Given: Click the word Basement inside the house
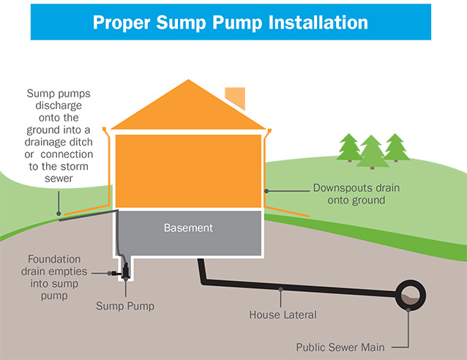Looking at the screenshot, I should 188,228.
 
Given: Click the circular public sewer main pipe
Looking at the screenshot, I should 409,296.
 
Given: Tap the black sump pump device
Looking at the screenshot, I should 125,273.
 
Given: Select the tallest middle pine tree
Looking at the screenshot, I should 373,151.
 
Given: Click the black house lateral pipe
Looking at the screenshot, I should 293,288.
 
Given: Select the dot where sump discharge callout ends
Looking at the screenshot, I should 60,214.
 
